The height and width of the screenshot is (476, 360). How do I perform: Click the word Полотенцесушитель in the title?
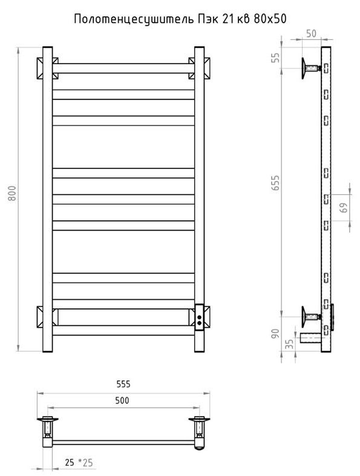coord(134,19)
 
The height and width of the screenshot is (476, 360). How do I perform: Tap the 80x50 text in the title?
coord(270,19)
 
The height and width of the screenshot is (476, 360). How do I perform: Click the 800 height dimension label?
coord(12,193)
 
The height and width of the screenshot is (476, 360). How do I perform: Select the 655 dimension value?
coord(275,182)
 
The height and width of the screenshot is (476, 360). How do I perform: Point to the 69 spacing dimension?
coord(344,208)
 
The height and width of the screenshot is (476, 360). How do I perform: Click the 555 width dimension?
coord(123,384)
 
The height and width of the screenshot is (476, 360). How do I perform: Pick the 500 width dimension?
coord(122,400)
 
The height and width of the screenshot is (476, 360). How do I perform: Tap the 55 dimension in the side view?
coord(275,58)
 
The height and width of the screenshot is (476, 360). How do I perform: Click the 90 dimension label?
coord(275,334)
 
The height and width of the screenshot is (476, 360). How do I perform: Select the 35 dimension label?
coord(290,344)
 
